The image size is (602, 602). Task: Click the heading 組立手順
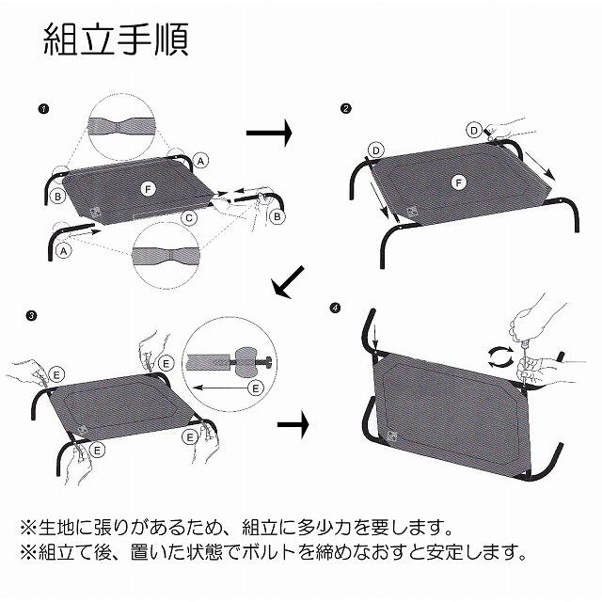(117, 40)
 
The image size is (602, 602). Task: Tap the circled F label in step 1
(147, 189)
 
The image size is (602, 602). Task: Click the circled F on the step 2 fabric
(458, 181)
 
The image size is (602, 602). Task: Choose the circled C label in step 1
(189, 218)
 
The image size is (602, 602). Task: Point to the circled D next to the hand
(475, 129)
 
